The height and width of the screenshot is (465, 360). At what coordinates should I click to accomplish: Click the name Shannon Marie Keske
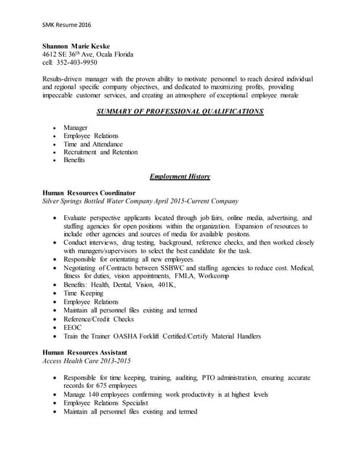(x=80, y=46)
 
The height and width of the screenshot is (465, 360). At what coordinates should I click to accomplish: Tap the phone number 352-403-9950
(x=81, y=62)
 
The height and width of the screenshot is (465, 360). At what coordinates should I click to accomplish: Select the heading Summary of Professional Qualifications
(x=180, y=111)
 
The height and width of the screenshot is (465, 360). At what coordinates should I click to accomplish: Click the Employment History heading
(x=180, y=177)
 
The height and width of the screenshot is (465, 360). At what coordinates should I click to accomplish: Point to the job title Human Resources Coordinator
(x=89, y=193)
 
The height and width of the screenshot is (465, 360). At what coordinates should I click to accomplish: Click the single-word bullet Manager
(x=76, y=128)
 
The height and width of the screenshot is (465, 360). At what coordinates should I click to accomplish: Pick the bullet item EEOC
(x=72, y=328)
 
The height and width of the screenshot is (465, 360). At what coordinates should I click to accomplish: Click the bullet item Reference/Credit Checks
(x=99, y=319)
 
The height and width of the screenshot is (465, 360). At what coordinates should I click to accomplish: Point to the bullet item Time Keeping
(x=83, y=294)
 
